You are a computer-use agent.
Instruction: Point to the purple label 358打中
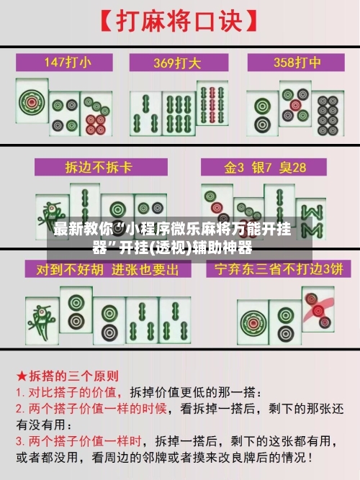point(291,62)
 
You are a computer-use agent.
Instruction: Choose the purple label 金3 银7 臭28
point(265,168)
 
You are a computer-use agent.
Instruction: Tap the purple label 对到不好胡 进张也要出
point(108,271)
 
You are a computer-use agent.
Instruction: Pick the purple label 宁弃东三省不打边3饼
point(274,271)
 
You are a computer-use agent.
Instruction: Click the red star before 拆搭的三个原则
point(23,376)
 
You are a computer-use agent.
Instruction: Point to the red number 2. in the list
point(22,407)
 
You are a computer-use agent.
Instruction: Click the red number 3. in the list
point(22,440)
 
